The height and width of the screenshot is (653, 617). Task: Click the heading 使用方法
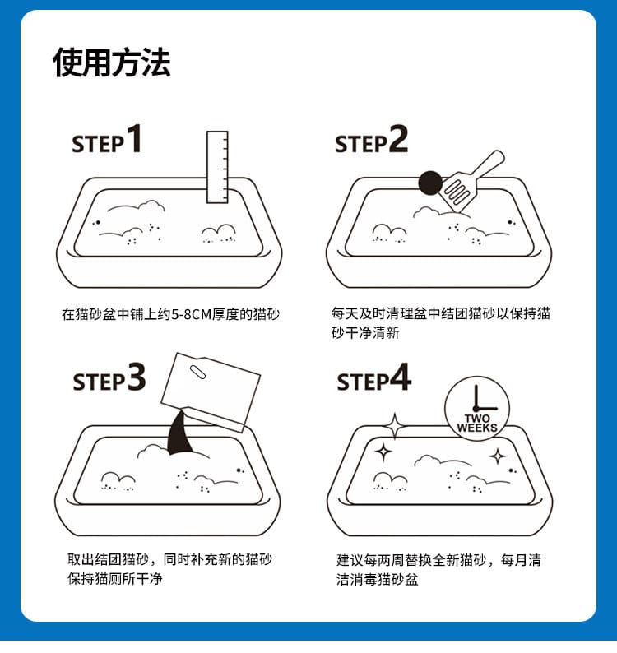(112, 63)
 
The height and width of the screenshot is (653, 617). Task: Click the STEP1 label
(107, 141)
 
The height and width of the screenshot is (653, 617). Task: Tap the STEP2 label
(371, 141)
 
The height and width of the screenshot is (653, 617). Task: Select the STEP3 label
(109, 379)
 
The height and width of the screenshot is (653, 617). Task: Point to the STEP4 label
(373, 379)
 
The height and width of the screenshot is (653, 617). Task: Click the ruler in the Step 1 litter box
(217, 167)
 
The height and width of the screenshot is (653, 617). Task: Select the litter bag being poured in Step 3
(212, 388)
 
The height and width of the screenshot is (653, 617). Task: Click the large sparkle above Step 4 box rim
(395, 426)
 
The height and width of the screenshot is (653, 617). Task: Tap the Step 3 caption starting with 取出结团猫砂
(169, 569)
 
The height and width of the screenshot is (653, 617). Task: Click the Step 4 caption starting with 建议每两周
(438, 569)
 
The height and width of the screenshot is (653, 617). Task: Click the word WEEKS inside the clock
(477, 428)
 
